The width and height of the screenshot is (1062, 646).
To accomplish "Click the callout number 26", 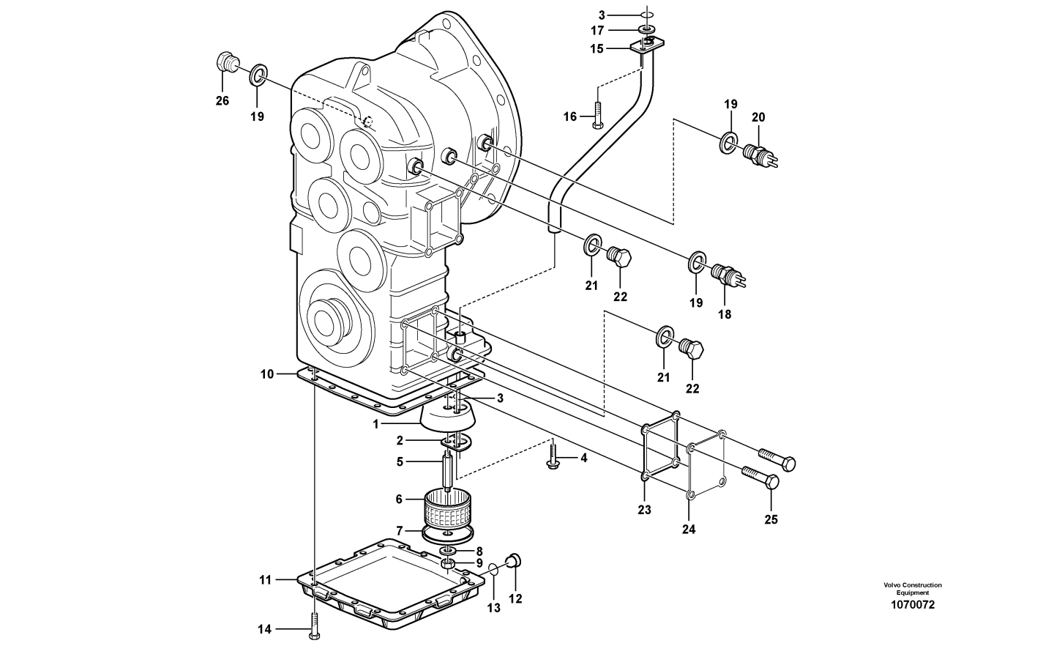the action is pyautogui.click(x=222, y=100).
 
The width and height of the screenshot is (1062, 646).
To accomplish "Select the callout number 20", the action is pyautogui.click(x=758, y=117).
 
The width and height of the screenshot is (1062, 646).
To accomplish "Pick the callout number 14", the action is pyautogui.click(x=264, y=629).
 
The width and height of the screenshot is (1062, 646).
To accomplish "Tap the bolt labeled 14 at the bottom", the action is pyautogui.click(x=314, y=625).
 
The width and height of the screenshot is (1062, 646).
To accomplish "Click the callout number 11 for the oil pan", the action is pyautogui.click(x=265, y=579).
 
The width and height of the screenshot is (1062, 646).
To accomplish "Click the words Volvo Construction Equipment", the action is pyautogui.click(x=913, y=589).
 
